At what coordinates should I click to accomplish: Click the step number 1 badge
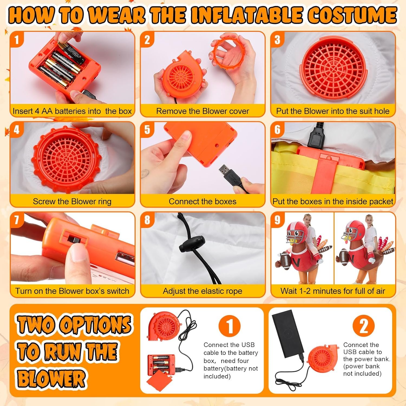pyautogui.click(x=17, y=40)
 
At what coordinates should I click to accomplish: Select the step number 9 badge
pyautogui.click(x=277, y=220)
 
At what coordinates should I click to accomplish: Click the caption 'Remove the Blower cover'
pyautogui.click(x=203, y=111)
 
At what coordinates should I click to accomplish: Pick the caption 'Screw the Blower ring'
pyautogui.click(x=72, y=201)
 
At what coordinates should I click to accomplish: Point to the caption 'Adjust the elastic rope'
pyautogui.click(x=202, y=291)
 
